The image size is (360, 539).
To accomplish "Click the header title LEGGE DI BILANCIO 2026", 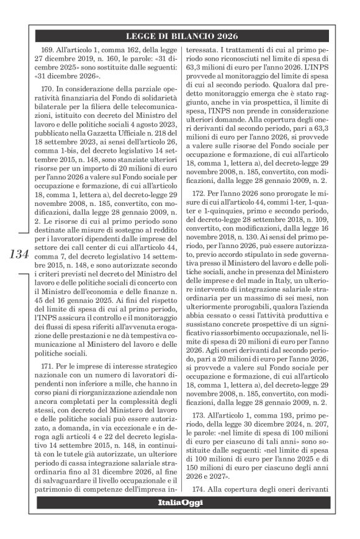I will (186, 36).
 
